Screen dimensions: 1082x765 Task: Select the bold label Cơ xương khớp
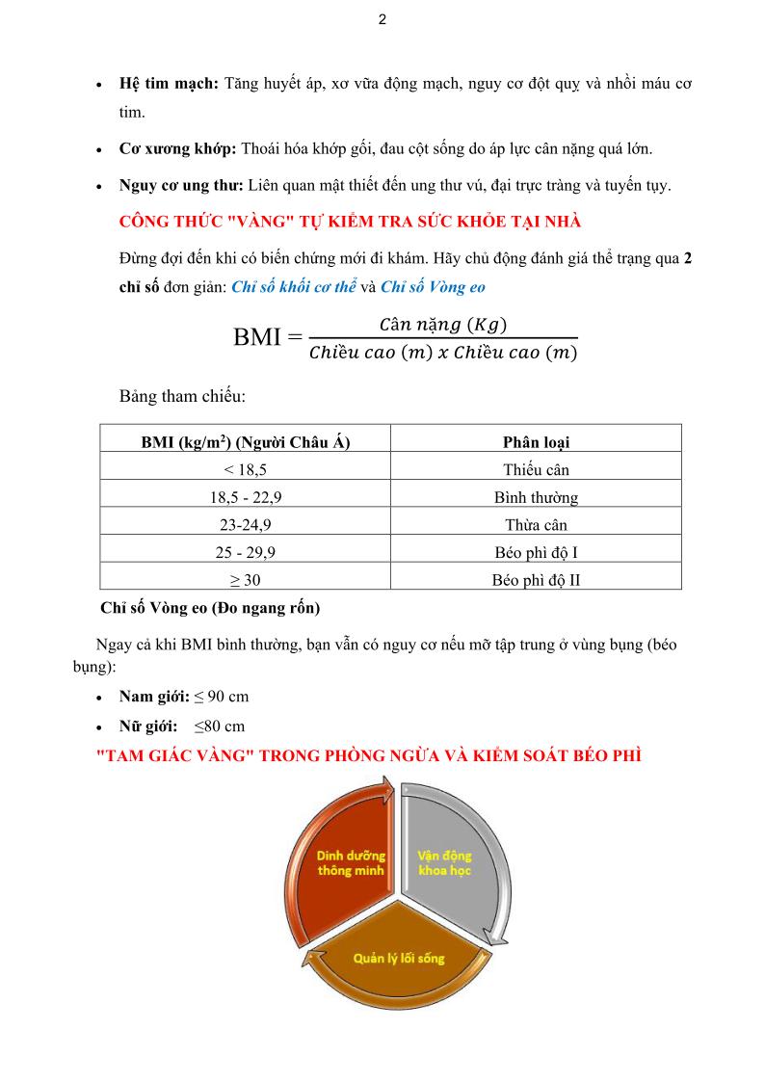point(177,148)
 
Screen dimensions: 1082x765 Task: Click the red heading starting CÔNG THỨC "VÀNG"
point(350,222)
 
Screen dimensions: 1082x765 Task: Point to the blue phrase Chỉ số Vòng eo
point(433,286)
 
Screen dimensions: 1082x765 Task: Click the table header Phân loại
point(536,442)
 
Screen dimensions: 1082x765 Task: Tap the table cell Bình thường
point(536,498)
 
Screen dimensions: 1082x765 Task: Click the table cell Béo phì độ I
point(536,553)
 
